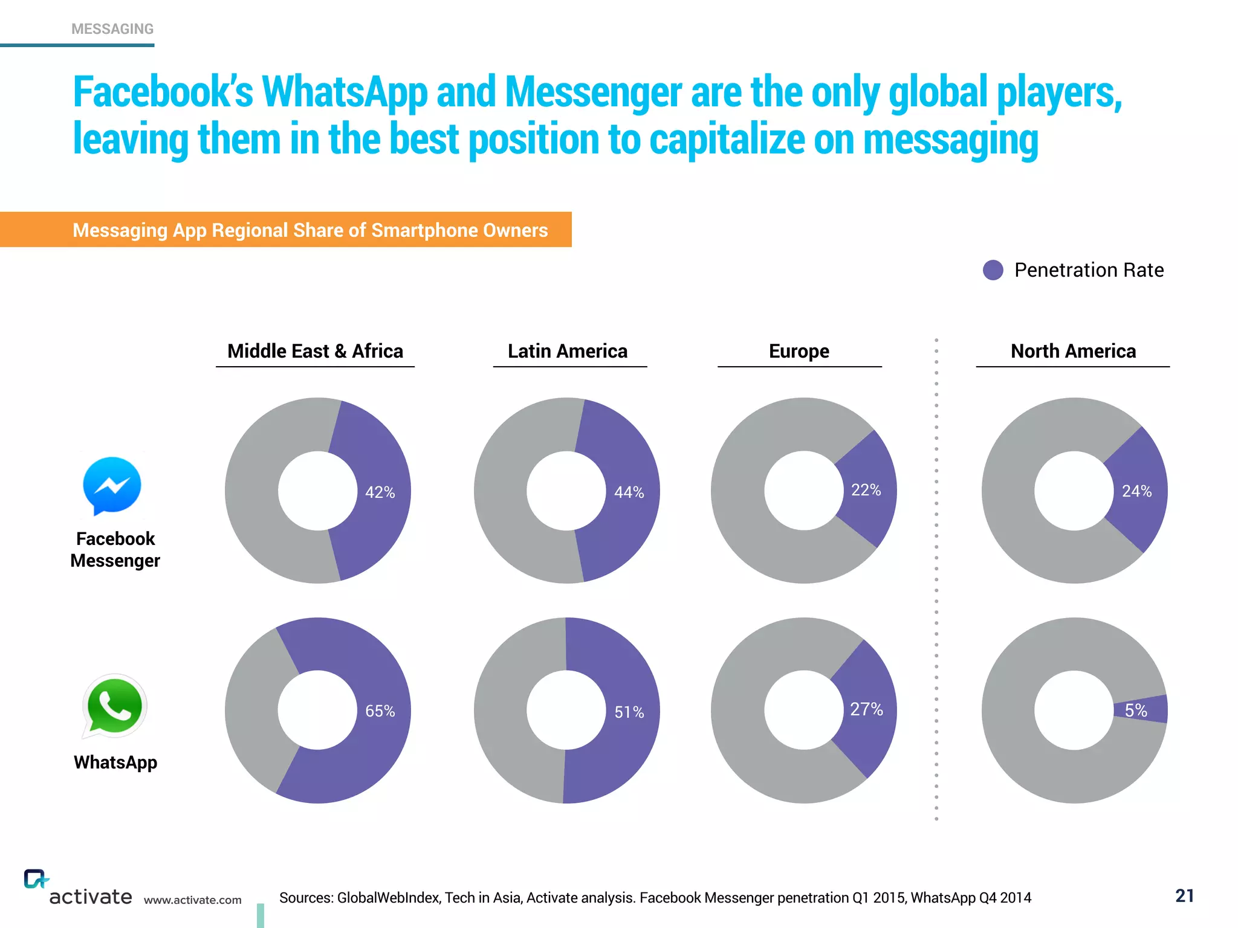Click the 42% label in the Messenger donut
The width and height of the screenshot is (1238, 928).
pyautogui.click(x=380, y=492)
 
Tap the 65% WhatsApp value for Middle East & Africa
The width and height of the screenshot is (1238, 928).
pyautogui.click(x=380, y=711)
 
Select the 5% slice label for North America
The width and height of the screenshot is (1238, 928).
pyautogui.click(x=1136, y=710)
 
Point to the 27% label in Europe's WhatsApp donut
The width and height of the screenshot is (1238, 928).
pyautogui.click(x=866, y=709)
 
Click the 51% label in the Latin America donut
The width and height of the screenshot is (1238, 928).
pyautogui.click(x=629, y=712)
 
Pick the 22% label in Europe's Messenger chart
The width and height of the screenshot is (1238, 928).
pyautogui.click(x=866, y=490)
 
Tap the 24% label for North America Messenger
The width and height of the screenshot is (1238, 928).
pyautogui.click(x=1136, y=491)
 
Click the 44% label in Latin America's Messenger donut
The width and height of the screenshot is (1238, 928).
pyautogui.click(x=629, y=492)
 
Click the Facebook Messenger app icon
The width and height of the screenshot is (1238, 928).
pyautogui.click(x=112, y=485)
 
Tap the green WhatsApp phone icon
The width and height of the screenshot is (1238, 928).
pyautogui.click(x=114, y=706)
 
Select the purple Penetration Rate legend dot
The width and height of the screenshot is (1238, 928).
pyautogui.click(x=993, y=270)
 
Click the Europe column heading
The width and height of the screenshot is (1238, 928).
pyautogui.click(x=799, y=351)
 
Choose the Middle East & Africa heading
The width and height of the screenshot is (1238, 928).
pyautogui.click(x=315, y=351)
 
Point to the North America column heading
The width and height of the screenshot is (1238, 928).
pyautogui.click(x=1073, y=351)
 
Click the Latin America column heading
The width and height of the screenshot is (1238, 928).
pyautogui.click(x=567, y=351)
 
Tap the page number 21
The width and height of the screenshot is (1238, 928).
pyautogui.click(x=1184, y=895)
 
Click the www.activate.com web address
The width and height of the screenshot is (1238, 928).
pyautogui.click(x=192, y=900)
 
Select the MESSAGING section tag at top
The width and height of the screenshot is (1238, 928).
pyautogui.click(x=112, y=29)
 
